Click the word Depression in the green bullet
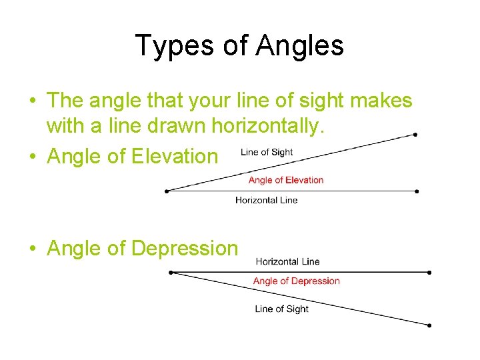[x=185, y=248]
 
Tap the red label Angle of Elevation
[x=285, y=180]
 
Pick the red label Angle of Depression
[x=296, y=281]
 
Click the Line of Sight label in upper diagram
[x=267, y=152]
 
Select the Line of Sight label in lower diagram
[x=281, y=309]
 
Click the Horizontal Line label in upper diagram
[x=266, y=200]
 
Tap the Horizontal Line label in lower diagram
[x=287, y=261]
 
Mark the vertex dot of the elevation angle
[x=166, y=191]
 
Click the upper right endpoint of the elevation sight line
[x=415, y=134]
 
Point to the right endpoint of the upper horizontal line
[x=417, y=191]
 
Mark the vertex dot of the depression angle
[x=171, y=272]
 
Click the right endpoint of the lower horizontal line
[x=429, y=272]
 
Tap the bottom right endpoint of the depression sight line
[x=429, y=325]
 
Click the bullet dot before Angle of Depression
[x=32, y=249]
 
